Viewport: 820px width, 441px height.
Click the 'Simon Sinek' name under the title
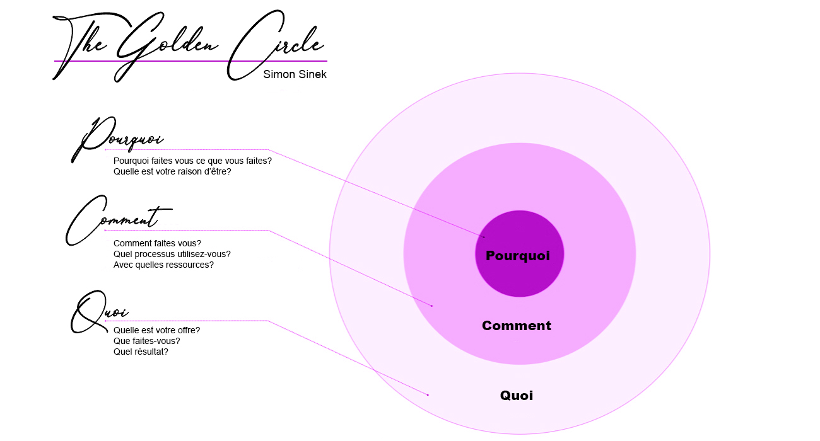tap(295, 74)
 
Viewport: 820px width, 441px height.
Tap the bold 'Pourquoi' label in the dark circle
tap(518, 256)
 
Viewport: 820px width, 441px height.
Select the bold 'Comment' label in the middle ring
tap(517, 326)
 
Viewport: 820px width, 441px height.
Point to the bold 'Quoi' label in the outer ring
tap(517, 396)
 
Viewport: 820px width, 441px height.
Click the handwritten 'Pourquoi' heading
tap(117, 139)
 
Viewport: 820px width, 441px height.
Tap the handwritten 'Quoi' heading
tap(100, 312)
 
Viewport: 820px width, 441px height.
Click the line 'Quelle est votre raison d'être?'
tap(172, 171)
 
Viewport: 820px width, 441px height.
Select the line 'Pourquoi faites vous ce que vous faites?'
tap(192, 161)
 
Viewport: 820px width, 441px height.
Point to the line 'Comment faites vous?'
tap(157, 243)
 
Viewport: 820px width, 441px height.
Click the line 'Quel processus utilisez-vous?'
tap(172, 254)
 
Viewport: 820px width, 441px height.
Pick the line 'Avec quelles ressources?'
tap(163, 265)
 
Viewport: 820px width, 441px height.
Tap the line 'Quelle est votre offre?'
tap(156, 330)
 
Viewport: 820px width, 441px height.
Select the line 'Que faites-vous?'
tap(147, 341)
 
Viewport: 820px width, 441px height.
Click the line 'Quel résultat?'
tap(141, 352)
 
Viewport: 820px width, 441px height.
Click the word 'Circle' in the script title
tap(275, 45)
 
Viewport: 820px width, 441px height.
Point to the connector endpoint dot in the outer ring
tap(428, 395)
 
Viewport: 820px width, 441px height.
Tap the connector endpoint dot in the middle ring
tap(432, 306)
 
